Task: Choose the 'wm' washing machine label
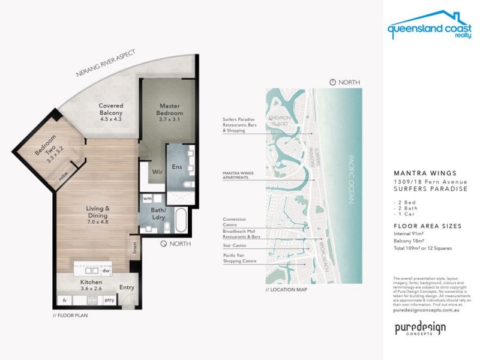pos(148,198)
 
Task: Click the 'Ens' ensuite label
pos(176,167)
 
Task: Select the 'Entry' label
pos(127,287)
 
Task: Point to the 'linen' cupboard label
pos(135,247)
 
